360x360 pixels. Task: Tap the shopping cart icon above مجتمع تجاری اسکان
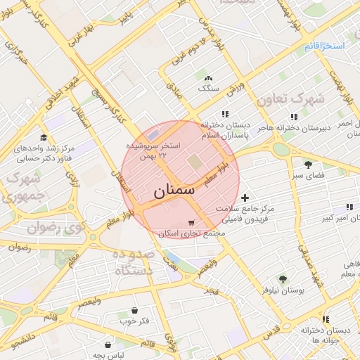click(x=191, y=223)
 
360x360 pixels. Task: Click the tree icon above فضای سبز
click(x=308, y=164)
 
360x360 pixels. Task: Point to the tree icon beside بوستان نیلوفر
click(x=283, y=279)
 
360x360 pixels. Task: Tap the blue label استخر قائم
click(x=325, y=46)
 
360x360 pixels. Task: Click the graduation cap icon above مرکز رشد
click(x=44, y=138)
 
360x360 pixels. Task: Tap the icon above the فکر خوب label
click(x=134, y=310)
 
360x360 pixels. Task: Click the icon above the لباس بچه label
click(x=107, y=345)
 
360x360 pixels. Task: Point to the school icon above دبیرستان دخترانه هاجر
click(x=294, y=117)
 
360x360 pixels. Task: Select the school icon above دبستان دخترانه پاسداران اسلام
click(x=225, y=114)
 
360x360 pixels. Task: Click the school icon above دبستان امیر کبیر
click(x=349, y=207)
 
